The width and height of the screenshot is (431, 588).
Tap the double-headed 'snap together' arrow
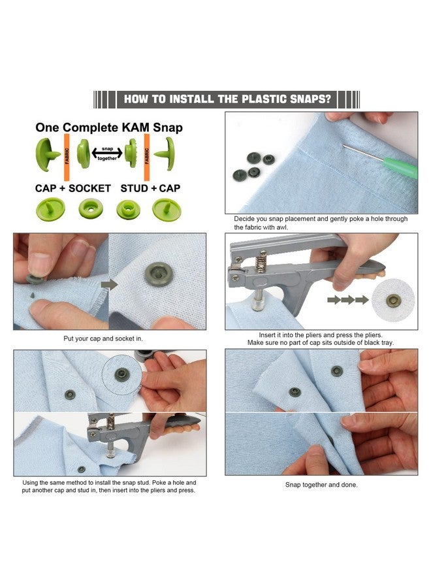(107, 153)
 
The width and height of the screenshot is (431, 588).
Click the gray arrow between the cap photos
(109, 285)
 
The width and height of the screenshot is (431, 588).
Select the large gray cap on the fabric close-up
(159, 274)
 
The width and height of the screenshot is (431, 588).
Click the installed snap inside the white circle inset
(393, 301)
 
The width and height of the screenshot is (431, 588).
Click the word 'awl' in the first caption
(282, 227)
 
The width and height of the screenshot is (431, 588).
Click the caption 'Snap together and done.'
(321, 485)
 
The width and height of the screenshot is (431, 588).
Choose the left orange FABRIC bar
(67, 157)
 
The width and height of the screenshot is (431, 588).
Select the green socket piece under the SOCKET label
(91, 208)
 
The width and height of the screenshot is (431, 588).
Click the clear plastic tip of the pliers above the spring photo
(258, 303)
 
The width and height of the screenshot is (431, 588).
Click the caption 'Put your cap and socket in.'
(103, 338)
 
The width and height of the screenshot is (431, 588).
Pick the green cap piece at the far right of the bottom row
(167, 209)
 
